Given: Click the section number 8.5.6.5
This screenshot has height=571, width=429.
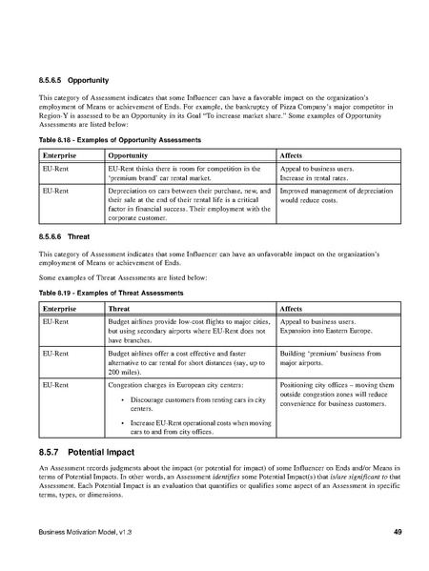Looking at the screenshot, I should point(52,80).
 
